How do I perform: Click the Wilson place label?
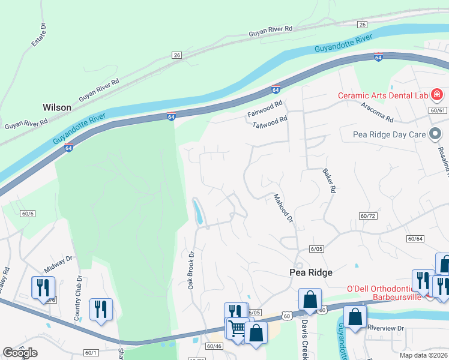click(57, 107)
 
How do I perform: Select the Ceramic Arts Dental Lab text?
click(382, 95)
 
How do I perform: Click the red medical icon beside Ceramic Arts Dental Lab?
click(436, 95)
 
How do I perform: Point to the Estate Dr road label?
click(39, 35)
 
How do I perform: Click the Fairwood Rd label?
click(265, 109)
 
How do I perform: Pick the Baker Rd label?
click(328, 181)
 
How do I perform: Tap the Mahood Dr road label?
click(282, 208)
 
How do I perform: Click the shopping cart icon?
click(237, 328)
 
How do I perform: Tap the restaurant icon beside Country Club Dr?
click(100, 310)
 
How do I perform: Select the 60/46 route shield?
click(214, 346)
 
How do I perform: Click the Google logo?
click(20, 352)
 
